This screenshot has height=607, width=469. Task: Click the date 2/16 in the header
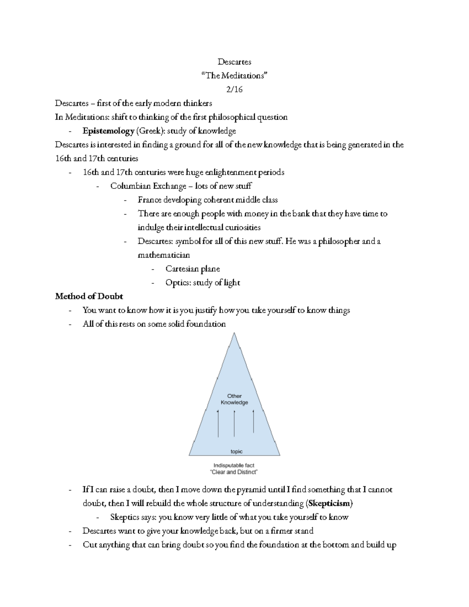coord(234,90)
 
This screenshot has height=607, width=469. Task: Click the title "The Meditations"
coord(234,75)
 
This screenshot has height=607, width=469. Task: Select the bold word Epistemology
coord(108,131)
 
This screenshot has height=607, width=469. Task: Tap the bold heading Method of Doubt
coord(89,296)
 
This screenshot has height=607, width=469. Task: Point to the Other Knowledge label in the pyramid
coord(234,399)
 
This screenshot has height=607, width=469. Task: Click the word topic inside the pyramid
coord(236,451)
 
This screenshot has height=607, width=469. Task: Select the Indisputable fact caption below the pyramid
coord(234,465)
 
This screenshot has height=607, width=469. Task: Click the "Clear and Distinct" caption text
coord(234,472)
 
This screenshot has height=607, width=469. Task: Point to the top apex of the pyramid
coord(234,333)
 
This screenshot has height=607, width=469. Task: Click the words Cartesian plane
coord(192,269)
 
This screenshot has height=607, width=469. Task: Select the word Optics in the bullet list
coord(177,283)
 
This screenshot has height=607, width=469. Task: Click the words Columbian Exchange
coord(148,186)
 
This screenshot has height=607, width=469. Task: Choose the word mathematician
coord(164,255)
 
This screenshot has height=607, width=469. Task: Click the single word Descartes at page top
coord(234,62)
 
